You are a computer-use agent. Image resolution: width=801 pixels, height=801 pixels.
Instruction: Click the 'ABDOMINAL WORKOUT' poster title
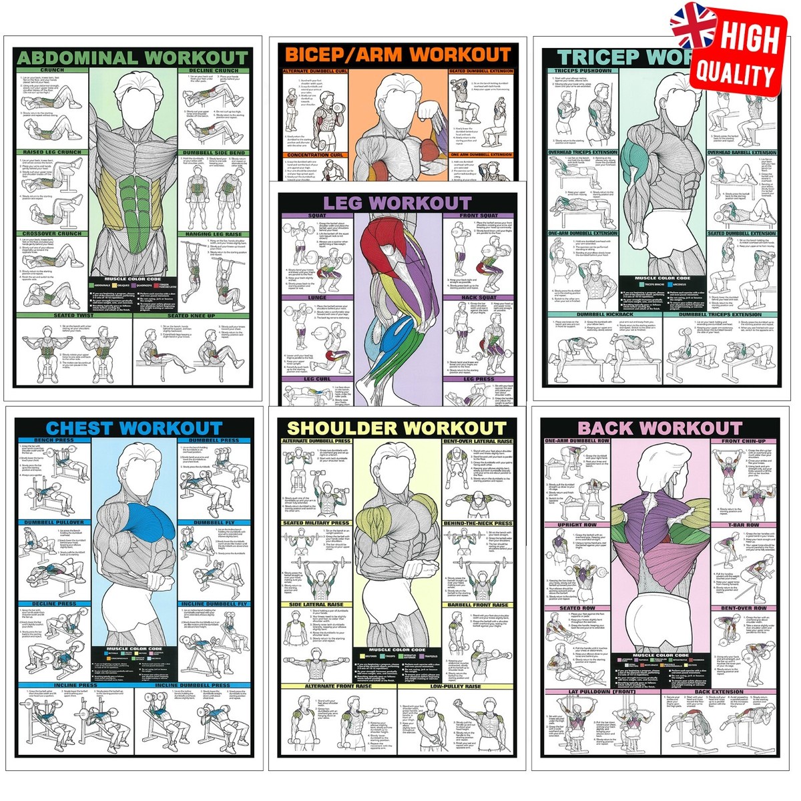point(131,58)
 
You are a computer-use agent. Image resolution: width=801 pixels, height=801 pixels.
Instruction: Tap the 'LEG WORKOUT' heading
point(397,203)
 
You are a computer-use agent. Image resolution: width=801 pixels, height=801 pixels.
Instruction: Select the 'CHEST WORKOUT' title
point(134,428)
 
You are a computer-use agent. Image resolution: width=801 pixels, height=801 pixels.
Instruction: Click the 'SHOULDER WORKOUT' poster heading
point(397,428)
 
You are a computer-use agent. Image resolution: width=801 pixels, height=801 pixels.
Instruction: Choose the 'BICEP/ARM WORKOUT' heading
point(398,55)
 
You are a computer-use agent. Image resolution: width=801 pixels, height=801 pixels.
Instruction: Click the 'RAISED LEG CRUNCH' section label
point(51,152)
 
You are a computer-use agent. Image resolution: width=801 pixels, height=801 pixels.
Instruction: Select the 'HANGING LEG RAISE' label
point(214,234)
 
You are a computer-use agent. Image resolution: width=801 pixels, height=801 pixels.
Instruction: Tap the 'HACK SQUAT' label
point(478,297)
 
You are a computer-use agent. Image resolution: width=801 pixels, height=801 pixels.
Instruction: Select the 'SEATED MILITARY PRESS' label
point(316,523)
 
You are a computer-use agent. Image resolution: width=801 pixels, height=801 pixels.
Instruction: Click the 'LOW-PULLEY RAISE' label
point(456,686)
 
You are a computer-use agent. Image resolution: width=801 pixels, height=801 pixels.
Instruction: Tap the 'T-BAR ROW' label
point(744,525)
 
